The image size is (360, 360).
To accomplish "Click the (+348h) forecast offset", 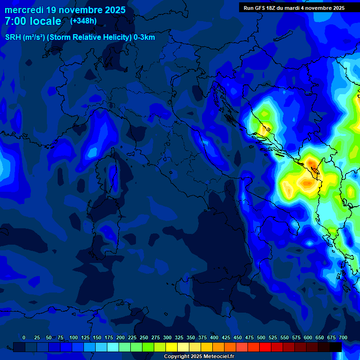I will [x=83, y=21].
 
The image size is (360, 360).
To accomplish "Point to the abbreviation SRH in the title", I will [x=14, y=37].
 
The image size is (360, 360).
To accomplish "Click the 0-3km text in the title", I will [x=144, y=37].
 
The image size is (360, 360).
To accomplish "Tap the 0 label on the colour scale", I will [x=24, y=337].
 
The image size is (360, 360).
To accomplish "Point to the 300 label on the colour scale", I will [x=167, y=337].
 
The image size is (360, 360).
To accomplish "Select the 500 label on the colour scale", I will [x=261, y=337].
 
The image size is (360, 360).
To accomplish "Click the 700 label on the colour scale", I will [x=343, y=337].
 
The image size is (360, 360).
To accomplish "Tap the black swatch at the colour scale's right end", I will [x=336, y=347].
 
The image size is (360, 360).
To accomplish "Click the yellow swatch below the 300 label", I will [x=172, y=347].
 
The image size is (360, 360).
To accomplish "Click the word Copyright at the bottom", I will [x=178, y=357].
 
